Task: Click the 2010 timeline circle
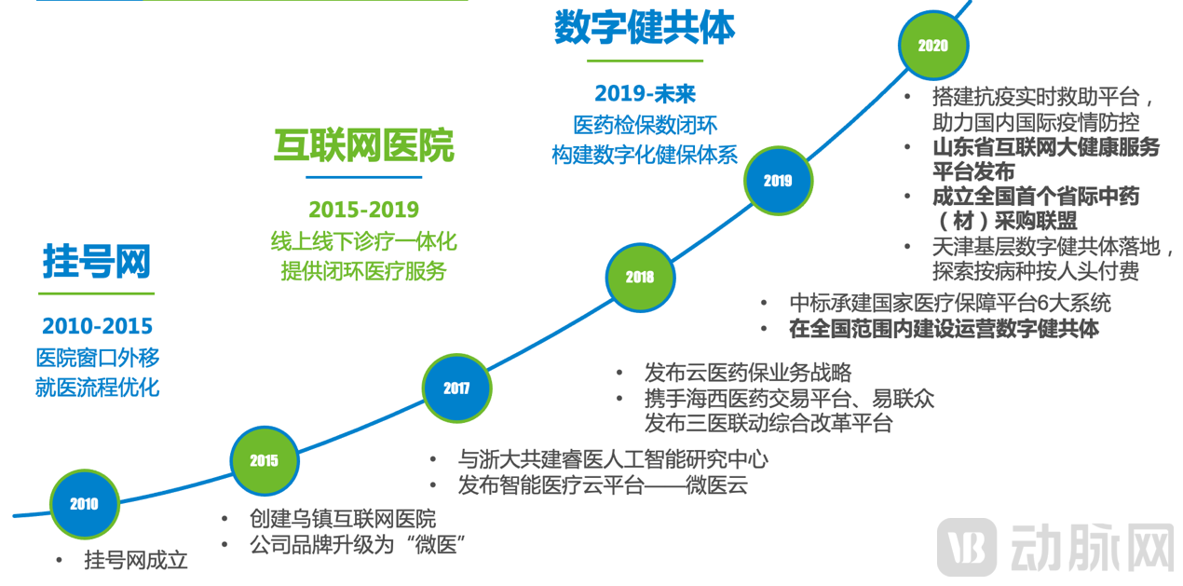tap(84, 504)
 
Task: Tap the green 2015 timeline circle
tap(264, 460)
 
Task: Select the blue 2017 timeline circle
tap(456, 388)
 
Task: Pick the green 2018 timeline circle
tap(640, 277)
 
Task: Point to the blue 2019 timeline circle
tap(778, 181)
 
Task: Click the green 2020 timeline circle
tap(932, 45)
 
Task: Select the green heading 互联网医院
tap(363, 146)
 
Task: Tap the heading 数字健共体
tap(644, 28)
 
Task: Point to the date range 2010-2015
tap(97, 326)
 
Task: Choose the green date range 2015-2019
tap(363, 210)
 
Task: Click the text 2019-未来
tap(645, 93)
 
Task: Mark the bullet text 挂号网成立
tap(136, 560)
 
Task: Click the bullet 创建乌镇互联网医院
tap(342, 519)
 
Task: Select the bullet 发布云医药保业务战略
tap(747, 373)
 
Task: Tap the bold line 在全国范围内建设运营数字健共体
tap(944, 328)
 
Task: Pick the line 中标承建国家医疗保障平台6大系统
tap(949, 303)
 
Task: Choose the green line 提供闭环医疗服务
tap(363, 271)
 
